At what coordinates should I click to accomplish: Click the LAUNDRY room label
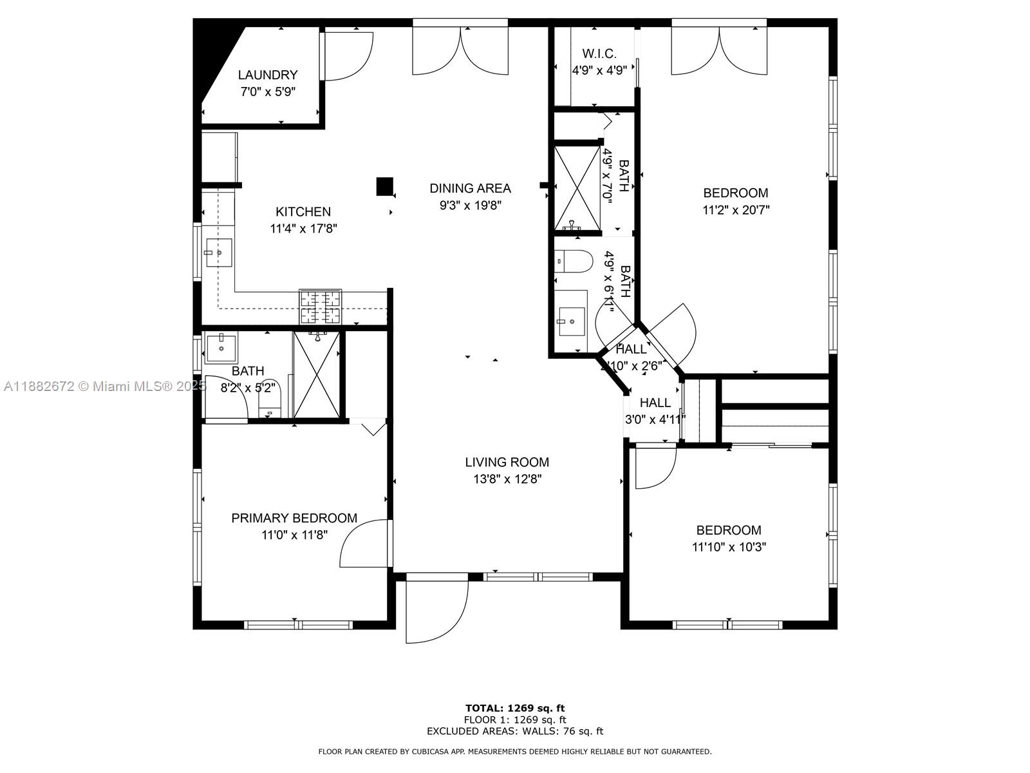click(267, 75)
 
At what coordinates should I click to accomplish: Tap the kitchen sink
click(219, 253)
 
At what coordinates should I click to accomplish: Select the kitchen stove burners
click(320, 307)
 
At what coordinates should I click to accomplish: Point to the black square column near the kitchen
click(384, 186)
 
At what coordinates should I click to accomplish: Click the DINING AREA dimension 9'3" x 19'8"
click(470, 205)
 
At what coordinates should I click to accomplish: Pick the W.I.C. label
click(599, 53)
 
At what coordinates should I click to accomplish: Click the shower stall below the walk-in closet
click(577, 187)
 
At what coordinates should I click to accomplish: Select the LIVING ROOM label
click(507, 463)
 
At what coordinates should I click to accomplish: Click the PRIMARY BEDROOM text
click(294, 518)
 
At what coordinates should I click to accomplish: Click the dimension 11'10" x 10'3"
click(729, 547)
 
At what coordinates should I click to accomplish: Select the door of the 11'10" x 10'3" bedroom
click(655, 468)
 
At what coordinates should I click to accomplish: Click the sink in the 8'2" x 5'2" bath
click(221, 348)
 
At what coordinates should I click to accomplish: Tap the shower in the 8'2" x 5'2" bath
click(316, 375)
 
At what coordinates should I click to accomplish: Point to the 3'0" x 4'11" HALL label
click(655, 403)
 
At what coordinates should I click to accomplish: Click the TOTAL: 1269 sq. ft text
click(515, 708)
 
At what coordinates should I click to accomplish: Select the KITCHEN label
click(303, 212)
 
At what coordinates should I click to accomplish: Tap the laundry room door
click(347, 55)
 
